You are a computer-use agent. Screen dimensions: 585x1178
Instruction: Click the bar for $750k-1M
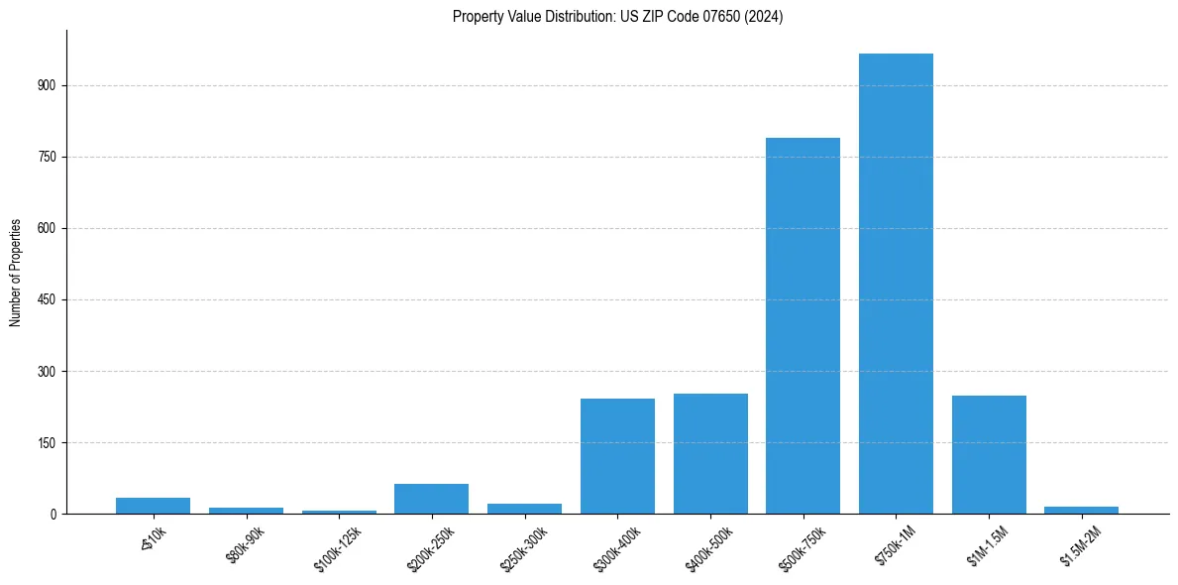[x=896, y=284]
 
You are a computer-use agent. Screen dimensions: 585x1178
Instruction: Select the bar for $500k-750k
[x=803, y=325]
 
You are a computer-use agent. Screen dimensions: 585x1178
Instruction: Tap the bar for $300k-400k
[x=617, y=456]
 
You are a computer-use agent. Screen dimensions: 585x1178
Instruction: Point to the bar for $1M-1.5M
[x=989, y=454]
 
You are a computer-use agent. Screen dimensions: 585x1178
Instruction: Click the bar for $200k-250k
[x=431, y=499]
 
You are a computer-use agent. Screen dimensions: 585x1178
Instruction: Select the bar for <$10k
[x=153, y=506]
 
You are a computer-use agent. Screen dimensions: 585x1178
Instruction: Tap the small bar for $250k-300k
[x=524, y=509]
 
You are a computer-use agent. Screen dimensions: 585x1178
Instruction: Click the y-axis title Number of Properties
[x=16, y=273]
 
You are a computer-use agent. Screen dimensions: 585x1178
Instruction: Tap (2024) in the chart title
[x=766, y=17]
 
